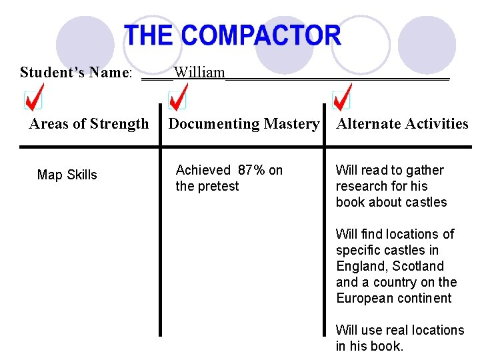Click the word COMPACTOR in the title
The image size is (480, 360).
261,35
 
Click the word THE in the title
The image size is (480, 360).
149,35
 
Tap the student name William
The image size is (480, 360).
199,72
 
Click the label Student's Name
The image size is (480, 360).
76,72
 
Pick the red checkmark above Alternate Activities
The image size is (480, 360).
342,97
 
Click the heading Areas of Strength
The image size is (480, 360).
89,124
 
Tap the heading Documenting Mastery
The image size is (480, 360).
243,124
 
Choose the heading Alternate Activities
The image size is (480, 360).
403,124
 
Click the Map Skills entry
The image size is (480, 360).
67,175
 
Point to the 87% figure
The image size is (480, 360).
251,171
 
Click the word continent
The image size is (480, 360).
427,298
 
